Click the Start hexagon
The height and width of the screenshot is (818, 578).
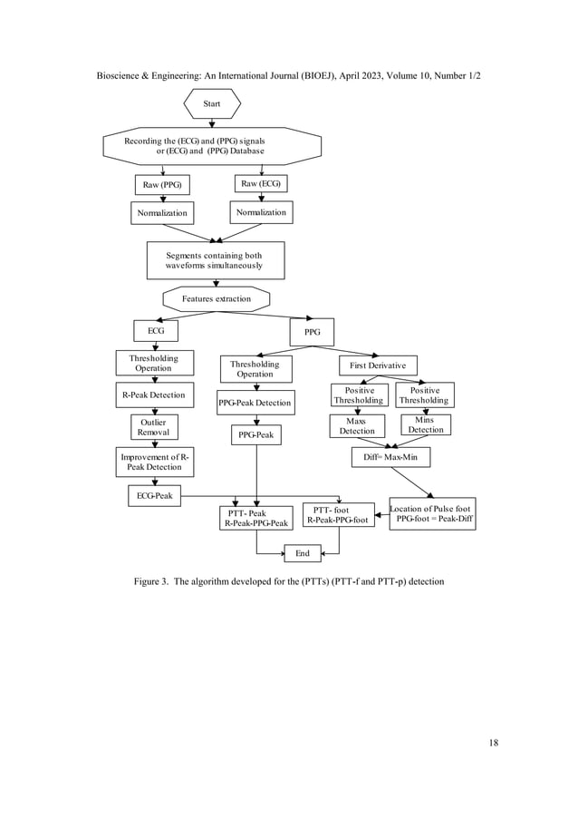point(212,104)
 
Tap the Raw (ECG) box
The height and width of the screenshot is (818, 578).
point(261,184)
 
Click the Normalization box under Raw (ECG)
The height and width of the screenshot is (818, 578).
point(261,212)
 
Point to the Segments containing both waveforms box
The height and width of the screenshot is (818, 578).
point(216,260)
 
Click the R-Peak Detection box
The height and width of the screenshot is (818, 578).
point(153,395)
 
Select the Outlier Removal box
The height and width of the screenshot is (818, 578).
point(153,427)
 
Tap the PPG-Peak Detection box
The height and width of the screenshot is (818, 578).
point(255,403)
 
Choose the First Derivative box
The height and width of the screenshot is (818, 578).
point(379,365)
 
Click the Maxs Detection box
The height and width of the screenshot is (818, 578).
point(357,425)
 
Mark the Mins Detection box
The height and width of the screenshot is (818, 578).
point(425,424)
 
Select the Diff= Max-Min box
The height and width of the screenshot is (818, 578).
point(390,457)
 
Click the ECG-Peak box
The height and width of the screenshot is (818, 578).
point(154,495)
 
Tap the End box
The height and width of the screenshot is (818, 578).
point(303,553)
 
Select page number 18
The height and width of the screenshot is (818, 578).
point(493,744)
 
